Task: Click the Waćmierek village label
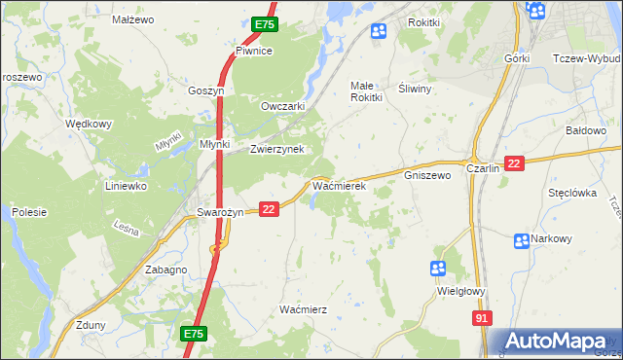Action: [x=338, y=184]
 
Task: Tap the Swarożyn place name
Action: [x=219, y=212]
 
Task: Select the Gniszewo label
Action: [x=427, y=176]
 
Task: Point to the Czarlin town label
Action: [x=483, y=167]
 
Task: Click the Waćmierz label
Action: [x=303, y=308]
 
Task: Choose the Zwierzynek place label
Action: [x=277, y=149]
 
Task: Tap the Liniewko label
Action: [x=126, y=185]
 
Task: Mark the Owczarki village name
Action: [x=284, y=106]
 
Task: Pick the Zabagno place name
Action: [x=165, y=270]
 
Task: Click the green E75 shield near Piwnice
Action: [x=265, y=24]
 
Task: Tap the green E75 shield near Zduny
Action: [x=193, y=334]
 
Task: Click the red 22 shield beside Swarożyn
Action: [x=271, y=208]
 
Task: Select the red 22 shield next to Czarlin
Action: [x=515, y=163]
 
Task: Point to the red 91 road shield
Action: [x=483, y=318]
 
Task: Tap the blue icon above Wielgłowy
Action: [x=438, y=268]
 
